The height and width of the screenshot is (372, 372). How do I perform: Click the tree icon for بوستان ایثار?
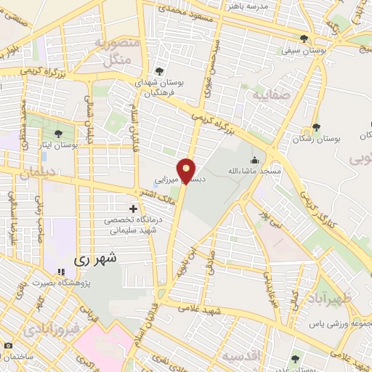pos(57,133)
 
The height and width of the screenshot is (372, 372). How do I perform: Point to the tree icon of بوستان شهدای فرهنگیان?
pos(158,72)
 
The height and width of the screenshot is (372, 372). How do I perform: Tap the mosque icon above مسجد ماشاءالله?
pos(254,160)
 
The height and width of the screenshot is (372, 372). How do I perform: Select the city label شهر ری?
pos(98,258)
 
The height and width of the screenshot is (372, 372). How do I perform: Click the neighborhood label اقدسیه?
pos(242,356)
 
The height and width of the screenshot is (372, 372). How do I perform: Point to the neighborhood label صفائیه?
pos(271,94)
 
